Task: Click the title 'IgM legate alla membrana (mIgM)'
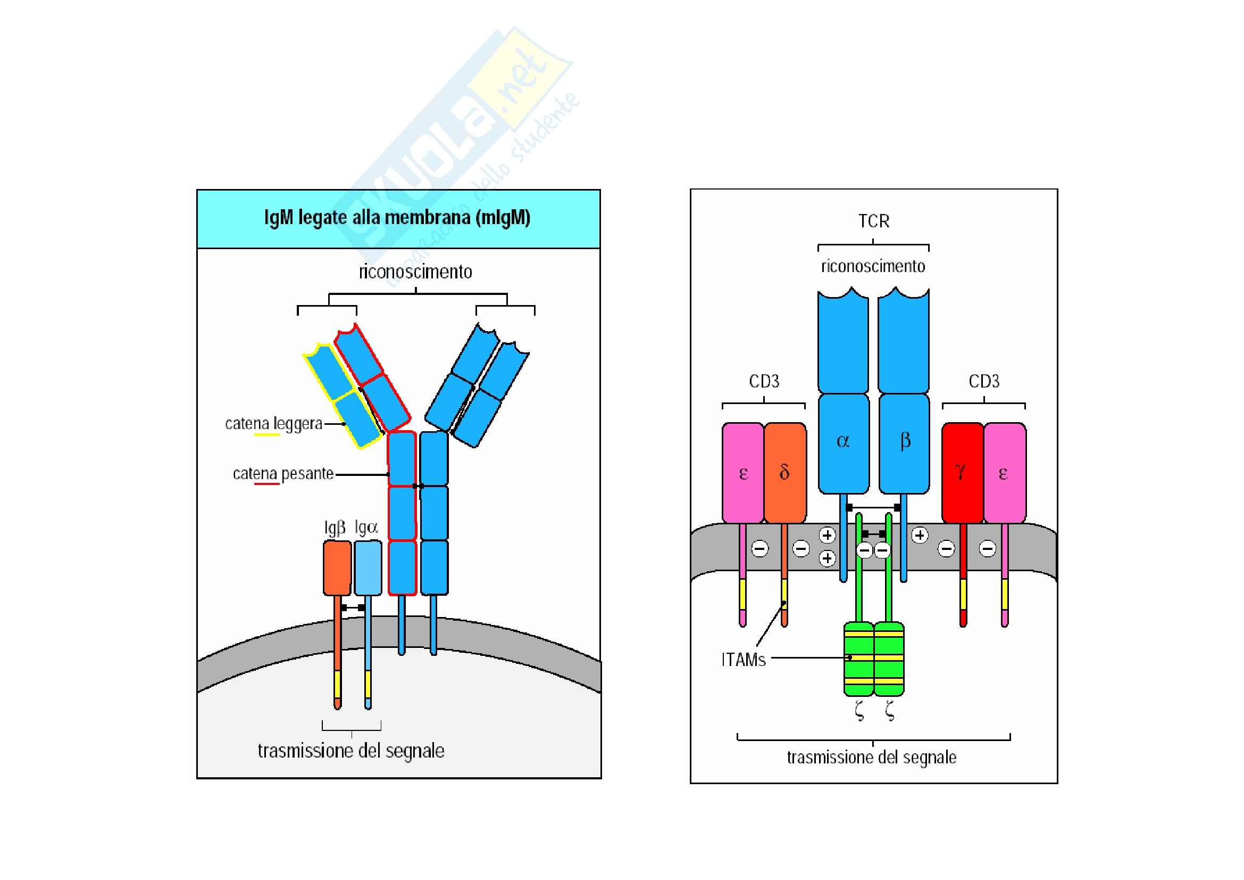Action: (x=397, y=218)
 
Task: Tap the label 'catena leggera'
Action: (x=273, y=423)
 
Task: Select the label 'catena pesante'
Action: (x=283, y=474)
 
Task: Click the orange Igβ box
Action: (x=337, y=568)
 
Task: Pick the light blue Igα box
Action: (x=368, y=568)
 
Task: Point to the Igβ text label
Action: (x=335, y=528)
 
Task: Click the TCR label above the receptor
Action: (x=873, y=221)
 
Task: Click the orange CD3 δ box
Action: (x=784, y=473)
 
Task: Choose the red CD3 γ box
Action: (x=962, y=473)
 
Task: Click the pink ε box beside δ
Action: (x=743, y=473)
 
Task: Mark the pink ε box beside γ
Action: (x=1004, y=473)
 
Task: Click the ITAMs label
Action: (x=744, y=660)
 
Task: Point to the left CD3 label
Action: (x=764, y=382)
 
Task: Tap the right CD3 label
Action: (x=984, y=382)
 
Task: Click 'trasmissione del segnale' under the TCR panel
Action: (x=871, y=758)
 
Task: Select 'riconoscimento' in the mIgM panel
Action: (x=415, y=272)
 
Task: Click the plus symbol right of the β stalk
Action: (x=920, y=535)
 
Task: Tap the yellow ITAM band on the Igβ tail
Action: (x=338, y=684)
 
